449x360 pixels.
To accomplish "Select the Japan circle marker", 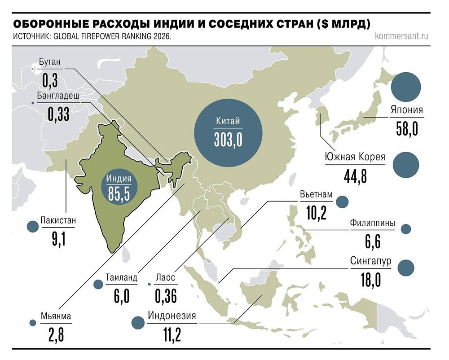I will [x=406, y=87].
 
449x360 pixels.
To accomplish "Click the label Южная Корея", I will [x=355, y=157].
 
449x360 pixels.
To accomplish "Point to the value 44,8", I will [x=355, y=176].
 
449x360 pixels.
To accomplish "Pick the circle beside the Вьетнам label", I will [x=342, y=202].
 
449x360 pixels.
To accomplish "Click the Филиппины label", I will [x=373, y=223].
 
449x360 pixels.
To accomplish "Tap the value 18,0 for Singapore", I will [x=370, y=280].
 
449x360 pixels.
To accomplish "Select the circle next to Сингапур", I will [x=406, y=267].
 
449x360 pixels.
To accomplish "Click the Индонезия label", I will [x=172, y=316].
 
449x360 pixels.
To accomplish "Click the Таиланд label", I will [x=121, y=277].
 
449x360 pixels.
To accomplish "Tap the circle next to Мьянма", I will [x=32, y=323].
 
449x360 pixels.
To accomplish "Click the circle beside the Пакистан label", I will [x=32, y=227].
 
